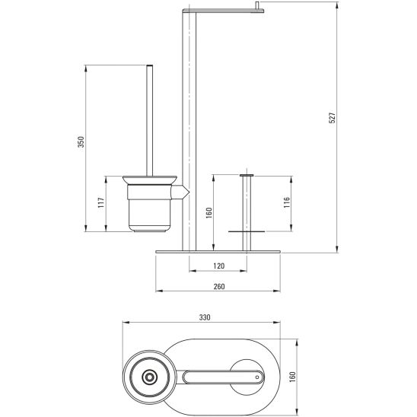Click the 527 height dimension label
click(x=333, y=118)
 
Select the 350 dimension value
click(x=81, y=142)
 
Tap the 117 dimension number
click(x=101, y=202)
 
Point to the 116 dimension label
click(x=286, y=202)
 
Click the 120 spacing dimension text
click(x=219, y=266)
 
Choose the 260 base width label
click(x=219, y=286)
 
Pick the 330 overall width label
click(x=205, y=317)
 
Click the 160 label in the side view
click(x=209, y=213)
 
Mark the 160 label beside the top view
click(x=292, y=377)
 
